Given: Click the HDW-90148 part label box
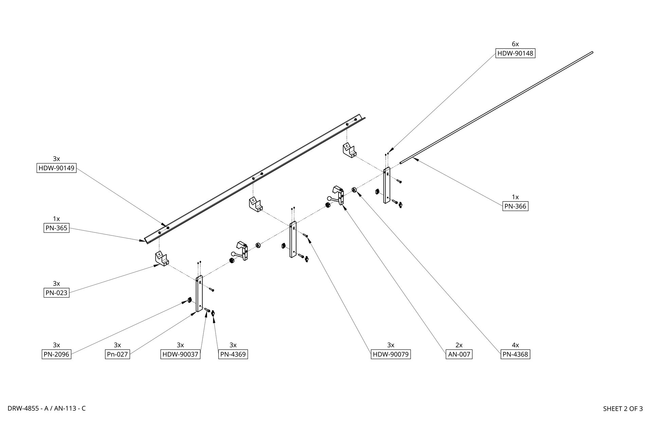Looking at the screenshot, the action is tap(515, 53).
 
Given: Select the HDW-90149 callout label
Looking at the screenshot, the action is tap(56, 168).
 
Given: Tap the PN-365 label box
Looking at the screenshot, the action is tap(56, 228).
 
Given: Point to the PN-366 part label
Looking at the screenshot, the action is tap(515, 206).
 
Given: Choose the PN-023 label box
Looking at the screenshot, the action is tap(56, 293).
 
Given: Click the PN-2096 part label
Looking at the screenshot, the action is tap(56, 354).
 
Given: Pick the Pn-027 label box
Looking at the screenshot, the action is tap(117, 354).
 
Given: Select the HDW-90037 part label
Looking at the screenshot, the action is tap(180, 354).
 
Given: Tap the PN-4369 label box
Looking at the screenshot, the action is tap(233, 354).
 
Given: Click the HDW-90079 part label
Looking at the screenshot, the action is tap(391, 354).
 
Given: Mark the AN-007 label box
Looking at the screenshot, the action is tap(459, 354).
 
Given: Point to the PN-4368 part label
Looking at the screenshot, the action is tap(515, 354).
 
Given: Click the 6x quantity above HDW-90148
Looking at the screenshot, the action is tap(515, 44).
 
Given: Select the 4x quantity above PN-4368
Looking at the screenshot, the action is tap(515, 345).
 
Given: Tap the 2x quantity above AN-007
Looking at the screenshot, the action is tap(459, 345).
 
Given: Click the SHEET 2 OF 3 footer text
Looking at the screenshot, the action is tap(623, 409).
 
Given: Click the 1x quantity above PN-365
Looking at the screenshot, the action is tap(56, 219).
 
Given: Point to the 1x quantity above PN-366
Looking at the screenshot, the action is tap(515, 197).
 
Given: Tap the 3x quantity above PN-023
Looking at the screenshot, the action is tap(56, 284).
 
